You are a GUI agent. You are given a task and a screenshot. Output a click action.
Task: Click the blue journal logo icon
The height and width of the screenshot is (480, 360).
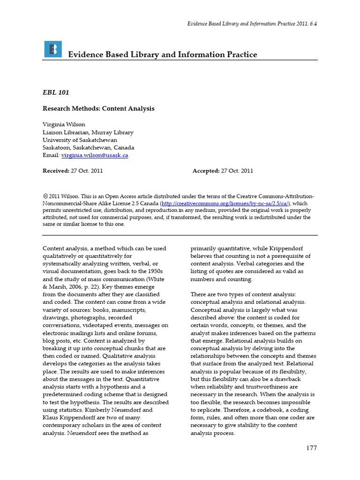pyautogui.click(x=53, y=49)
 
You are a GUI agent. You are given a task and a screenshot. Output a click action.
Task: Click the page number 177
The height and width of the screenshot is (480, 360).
pyautogui.click(x=312, y=448)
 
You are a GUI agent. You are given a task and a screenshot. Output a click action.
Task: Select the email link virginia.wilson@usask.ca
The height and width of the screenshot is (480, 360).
pyautogui.click(x=95, y=155)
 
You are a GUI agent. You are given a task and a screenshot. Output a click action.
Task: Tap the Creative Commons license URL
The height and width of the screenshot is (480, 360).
pyautogui.click(x=225, y=203)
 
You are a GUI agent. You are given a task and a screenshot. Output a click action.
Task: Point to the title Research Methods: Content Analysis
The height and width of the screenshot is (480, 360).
pyautogui.click(x=98, y=108)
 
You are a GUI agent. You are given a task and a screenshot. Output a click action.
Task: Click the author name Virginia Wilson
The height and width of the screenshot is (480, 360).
pyautogui.click(x=64, y=125)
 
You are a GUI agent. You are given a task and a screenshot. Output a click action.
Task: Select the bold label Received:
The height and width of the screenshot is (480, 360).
pyautogui.click(x=56, y=171)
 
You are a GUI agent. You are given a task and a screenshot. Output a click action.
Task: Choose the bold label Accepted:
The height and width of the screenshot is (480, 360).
pyautogui.click(x=206, y=171)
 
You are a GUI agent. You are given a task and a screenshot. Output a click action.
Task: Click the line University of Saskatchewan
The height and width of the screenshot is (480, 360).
pyautogui.click(x=80, y=140)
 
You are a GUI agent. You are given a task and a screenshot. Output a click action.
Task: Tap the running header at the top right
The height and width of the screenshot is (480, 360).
pyautogui.click(x=252, y=24)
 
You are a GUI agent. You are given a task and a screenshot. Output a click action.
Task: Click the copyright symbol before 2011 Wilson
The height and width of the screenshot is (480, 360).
pyautogui.click(x=45, y=196)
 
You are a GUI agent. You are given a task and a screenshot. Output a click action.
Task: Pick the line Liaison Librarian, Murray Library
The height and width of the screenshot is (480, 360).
pyautogui.click(x=88, y=132)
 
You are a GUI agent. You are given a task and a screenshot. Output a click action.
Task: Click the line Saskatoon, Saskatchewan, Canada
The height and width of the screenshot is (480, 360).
pyautogui.click(x=88, y=148)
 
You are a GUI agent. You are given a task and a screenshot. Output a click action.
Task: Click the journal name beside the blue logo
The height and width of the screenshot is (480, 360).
pyautogui.click(x=163, y=54)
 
